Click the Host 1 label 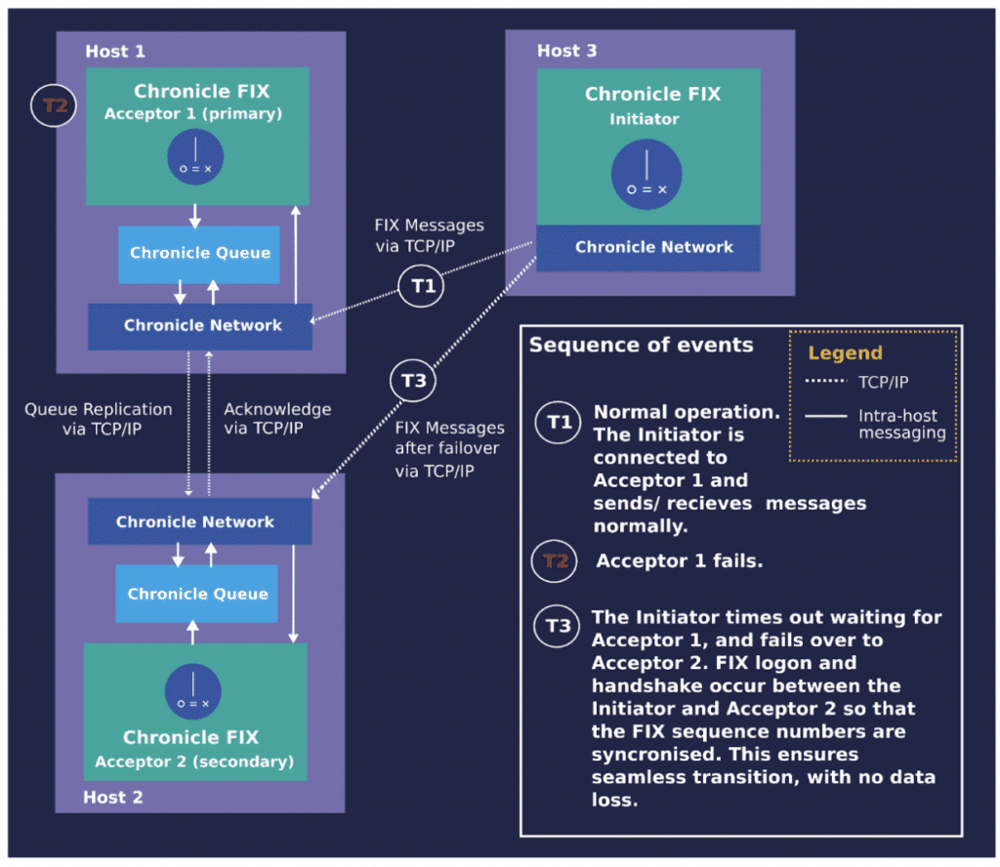(x=115, y=51)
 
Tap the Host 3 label (x=567, y=51)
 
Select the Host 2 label (x=113, y=797)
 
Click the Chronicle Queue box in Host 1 (x=199, y=254)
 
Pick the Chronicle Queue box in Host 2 (x=196, y=594)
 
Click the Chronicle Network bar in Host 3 (x=648, y=248)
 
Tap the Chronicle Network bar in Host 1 (x=199, y=326)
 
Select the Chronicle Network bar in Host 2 (x=199, y=521)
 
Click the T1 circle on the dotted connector (x=421, y=286)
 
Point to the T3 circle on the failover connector (x=413, y=381)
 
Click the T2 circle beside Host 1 (x=54, y=105)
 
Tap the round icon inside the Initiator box (x=646, y=175)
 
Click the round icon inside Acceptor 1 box (x=195, y=157)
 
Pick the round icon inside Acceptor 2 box (x=192, y=691)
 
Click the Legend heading (x=845, y=353)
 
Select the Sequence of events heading (x=641, y=345)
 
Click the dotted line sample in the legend (x=826, y=381)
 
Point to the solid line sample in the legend (x=826, y=416)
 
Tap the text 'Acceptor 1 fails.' (x=680, y=561)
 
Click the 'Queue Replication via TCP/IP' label (x=99, y=419)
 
